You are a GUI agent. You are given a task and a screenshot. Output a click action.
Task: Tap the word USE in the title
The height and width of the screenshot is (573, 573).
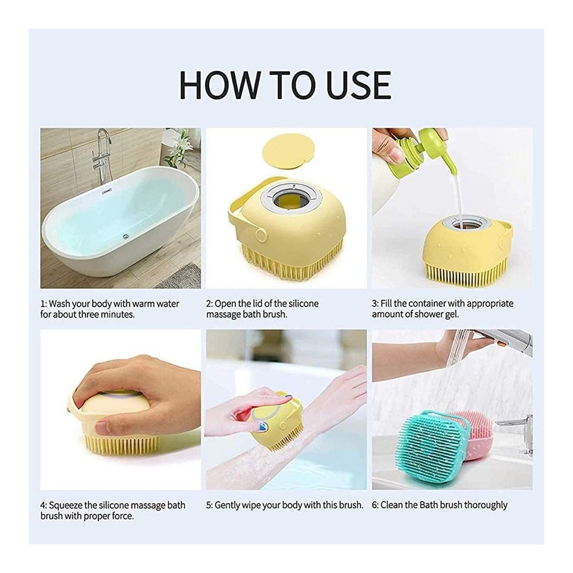pos(354,85)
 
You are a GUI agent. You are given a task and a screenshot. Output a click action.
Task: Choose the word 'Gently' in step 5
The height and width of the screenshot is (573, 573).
pos(228,505)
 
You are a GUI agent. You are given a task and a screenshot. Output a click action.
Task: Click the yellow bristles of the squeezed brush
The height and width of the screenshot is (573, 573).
pos(117,445)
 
